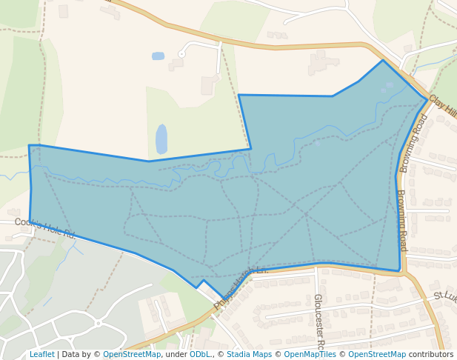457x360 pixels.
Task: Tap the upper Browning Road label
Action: click(414, 143)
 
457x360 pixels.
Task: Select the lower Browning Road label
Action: click(401, 221)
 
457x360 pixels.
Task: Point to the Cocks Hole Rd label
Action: click(44, 227)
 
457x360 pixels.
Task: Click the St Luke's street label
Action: click(444, 296)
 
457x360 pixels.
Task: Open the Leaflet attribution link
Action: click(41, 355)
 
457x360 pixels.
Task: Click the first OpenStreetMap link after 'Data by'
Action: click(132, 355)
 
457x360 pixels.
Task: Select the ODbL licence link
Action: click(200, 355)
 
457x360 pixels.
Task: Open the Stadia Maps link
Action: click(249, 355)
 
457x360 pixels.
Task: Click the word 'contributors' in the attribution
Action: click(430, 355)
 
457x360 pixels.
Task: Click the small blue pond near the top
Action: click(158, 56)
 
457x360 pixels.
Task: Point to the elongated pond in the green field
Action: click(161, 139)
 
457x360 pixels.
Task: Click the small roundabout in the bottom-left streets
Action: click(97, 323)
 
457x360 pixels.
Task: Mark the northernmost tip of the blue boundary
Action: click(383, 60)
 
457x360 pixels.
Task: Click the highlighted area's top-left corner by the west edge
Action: click(30, 145)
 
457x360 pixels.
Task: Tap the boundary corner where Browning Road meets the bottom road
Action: click(399, 270)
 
